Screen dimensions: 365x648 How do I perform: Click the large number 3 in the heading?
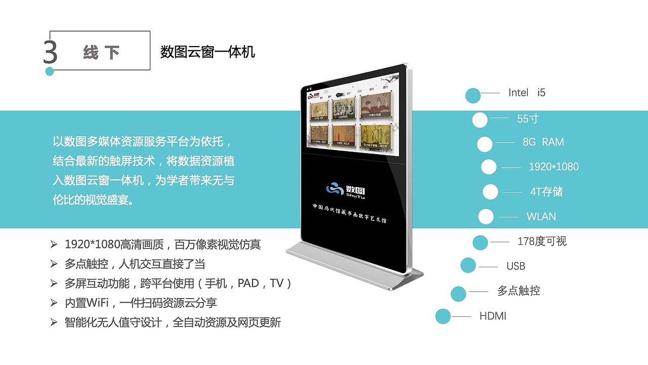pos(50,52)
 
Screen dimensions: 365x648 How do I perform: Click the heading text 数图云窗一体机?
pos(208,52)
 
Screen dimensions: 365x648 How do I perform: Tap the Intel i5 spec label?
pos(526,93)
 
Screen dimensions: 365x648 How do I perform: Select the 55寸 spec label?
pos(528,119)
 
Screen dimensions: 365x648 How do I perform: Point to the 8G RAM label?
pos(543,142)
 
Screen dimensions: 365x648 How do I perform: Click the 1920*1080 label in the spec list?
pos(553,167)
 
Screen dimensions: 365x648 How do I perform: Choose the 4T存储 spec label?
pos(546,192)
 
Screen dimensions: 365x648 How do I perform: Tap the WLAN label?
pos(541,216)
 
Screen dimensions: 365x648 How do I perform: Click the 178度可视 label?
pos(542,241)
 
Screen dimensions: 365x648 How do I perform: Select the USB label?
pos(516,266)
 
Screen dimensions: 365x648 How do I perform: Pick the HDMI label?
pos(493,316)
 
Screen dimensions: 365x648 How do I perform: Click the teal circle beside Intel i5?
pos(473,96)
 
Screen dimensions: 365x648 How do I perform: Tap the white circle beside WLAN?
pos(486,216)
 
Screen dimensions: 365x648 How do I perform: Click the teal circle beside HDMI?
pos(443,316)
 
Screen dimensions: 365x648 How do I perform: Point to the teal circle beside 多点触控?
pos(458,294)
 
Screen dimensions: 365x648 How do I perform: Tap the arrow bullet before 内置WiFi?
pos(54,303)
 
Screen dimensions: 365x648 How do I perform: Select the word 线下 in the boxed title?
pos(101,52)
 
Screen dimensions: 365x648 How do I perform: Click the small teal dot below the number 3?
pos(49,71)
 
